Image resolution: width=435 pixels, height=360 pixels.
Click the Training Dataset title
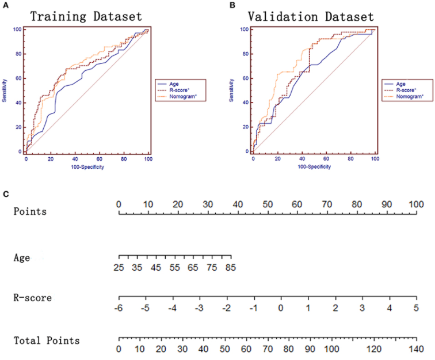86,16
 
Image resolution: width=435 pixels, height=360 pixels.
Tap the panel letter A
6,5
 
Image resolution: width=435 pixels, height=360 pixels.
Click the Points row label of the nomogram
30,211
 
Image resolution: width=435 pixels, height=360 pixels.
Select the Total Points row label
47,341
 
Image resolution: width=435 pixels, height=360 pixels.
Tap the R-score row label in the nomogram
33,298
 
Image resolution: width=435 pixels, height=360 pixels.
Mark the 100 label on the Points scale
416,204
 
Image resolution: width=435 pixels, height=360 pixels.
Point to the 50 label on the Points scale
268,204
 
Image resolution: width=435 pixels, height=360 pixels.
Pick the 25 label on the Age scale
120,267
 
